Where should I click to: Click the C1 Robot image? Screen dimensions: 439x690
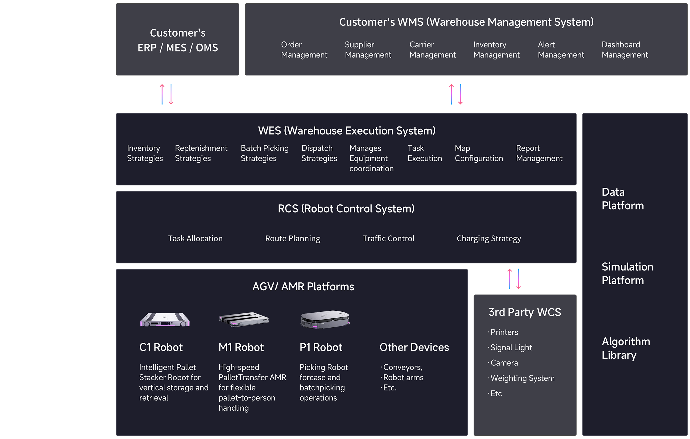tap(164, 320)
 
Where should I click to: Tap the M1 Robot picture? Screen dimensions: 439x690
tap(244, 320)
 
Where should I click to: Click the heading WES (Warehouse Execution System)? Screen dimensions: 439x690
tap(346, 131)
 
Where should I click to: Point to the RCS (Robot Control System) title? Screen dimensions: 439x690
tap(346, 209)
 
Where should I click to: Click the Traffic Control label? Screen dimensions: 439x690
tap(388, 239)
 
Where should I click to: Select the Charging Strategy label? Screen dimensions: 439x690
tap(489, 239)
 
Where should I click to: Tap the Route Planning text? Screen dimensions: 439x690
tap(292, 239)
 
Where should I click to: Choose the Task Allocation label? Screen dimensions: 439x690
tap(195, 239)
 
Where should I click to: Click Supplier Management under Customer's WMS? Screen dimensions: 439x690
tap(368, 50)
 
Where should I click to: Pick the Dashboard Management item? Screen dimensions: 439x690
tap(625, 50)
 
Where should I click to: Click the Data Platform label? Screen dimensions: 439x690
tap(622, 199)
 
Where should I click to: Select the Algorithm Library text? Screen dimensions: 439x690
tap(626, 348)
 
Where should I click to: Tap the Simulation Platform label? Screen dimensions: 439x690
tap(627, 273)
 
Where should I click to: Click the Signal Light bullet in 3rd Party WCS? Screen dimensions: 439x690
tap(511, 348)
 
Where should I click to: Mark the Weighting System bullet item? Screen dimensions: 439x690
tap(522, 378)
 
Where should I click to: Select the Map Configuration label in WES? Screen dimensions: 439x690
tap(478, 153)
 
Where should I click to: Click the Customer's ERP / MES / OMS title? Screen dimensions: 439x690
tap(178, 40)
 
